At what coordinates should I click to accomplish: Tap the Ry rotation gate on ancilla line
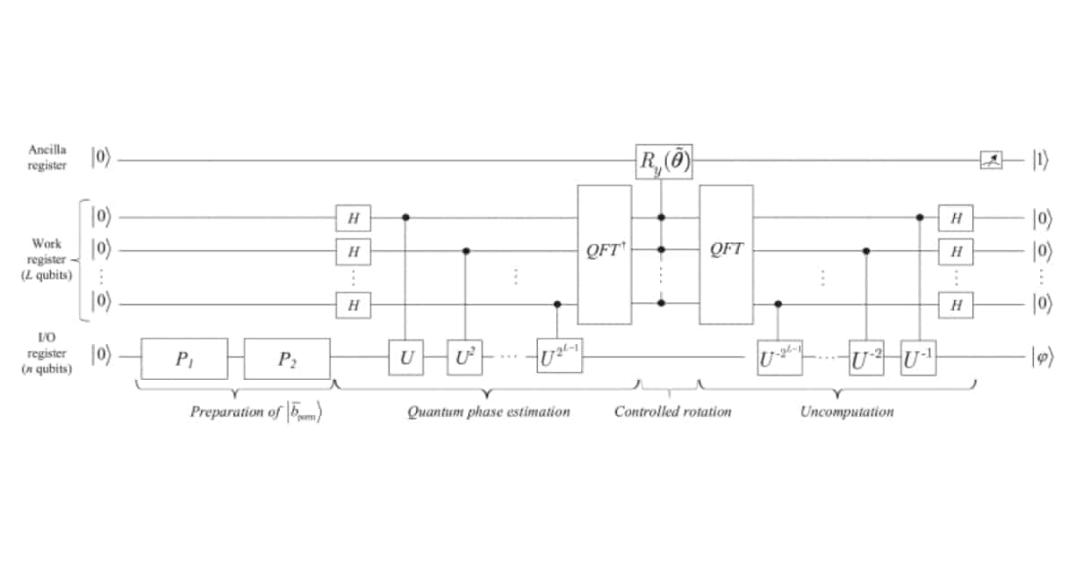click(664, 161)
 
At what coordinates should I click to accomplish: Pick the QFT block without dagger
click(725, 254)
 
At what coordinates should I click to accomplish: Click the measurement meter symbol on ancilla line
click(990, 161)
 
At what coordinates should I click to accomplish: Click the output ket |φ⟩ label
click(1042, 357)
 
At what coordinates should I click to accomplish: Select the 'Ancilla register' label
click(46, 161)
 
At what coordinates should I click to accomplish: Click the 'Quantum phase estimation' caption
click(488, 412)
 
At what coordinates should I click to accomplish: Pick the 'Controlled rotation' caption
click(672, 412)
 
